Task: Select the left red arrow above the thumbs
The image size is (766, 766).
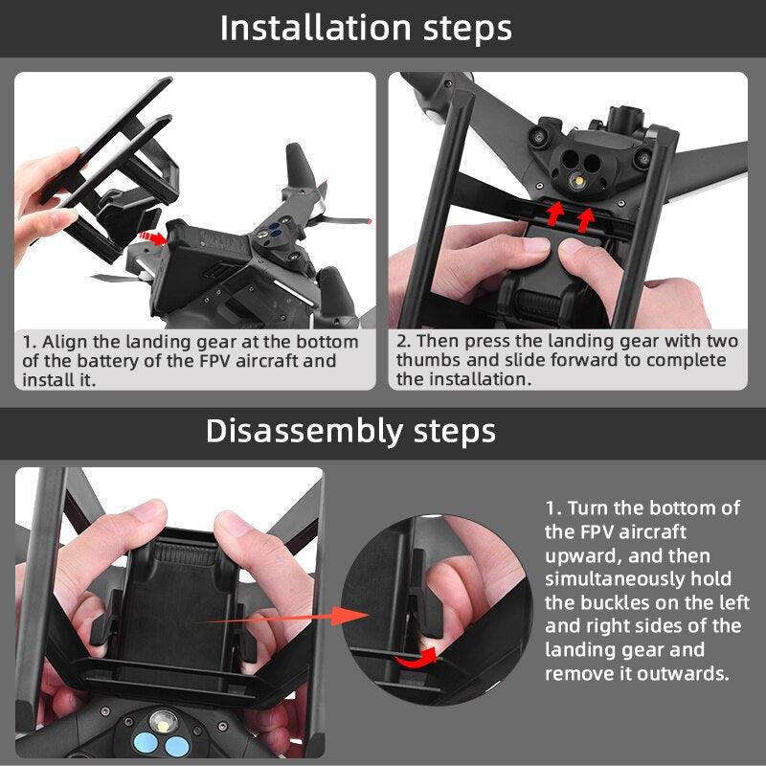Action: coord(554,213)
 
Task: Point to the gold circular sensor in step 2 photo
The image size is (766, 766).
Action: coord(576,179)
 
